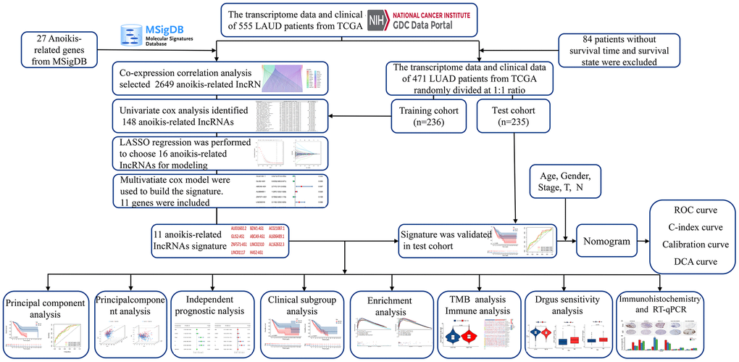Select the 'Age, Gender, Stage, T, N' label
pyautogui.click(x=566, y=181)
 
